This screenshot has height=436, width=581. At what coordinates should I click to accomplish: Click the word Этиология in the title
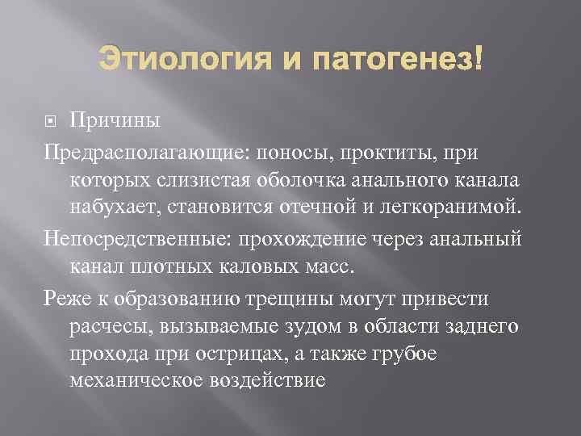167,59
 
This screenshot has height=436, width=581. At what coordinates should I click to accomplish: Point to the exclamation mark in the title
479,59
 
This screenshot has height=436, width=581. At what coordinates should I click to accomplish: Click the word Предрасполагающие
129,152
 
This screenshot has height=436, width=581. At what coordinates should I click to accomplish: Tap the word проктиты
375,152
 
